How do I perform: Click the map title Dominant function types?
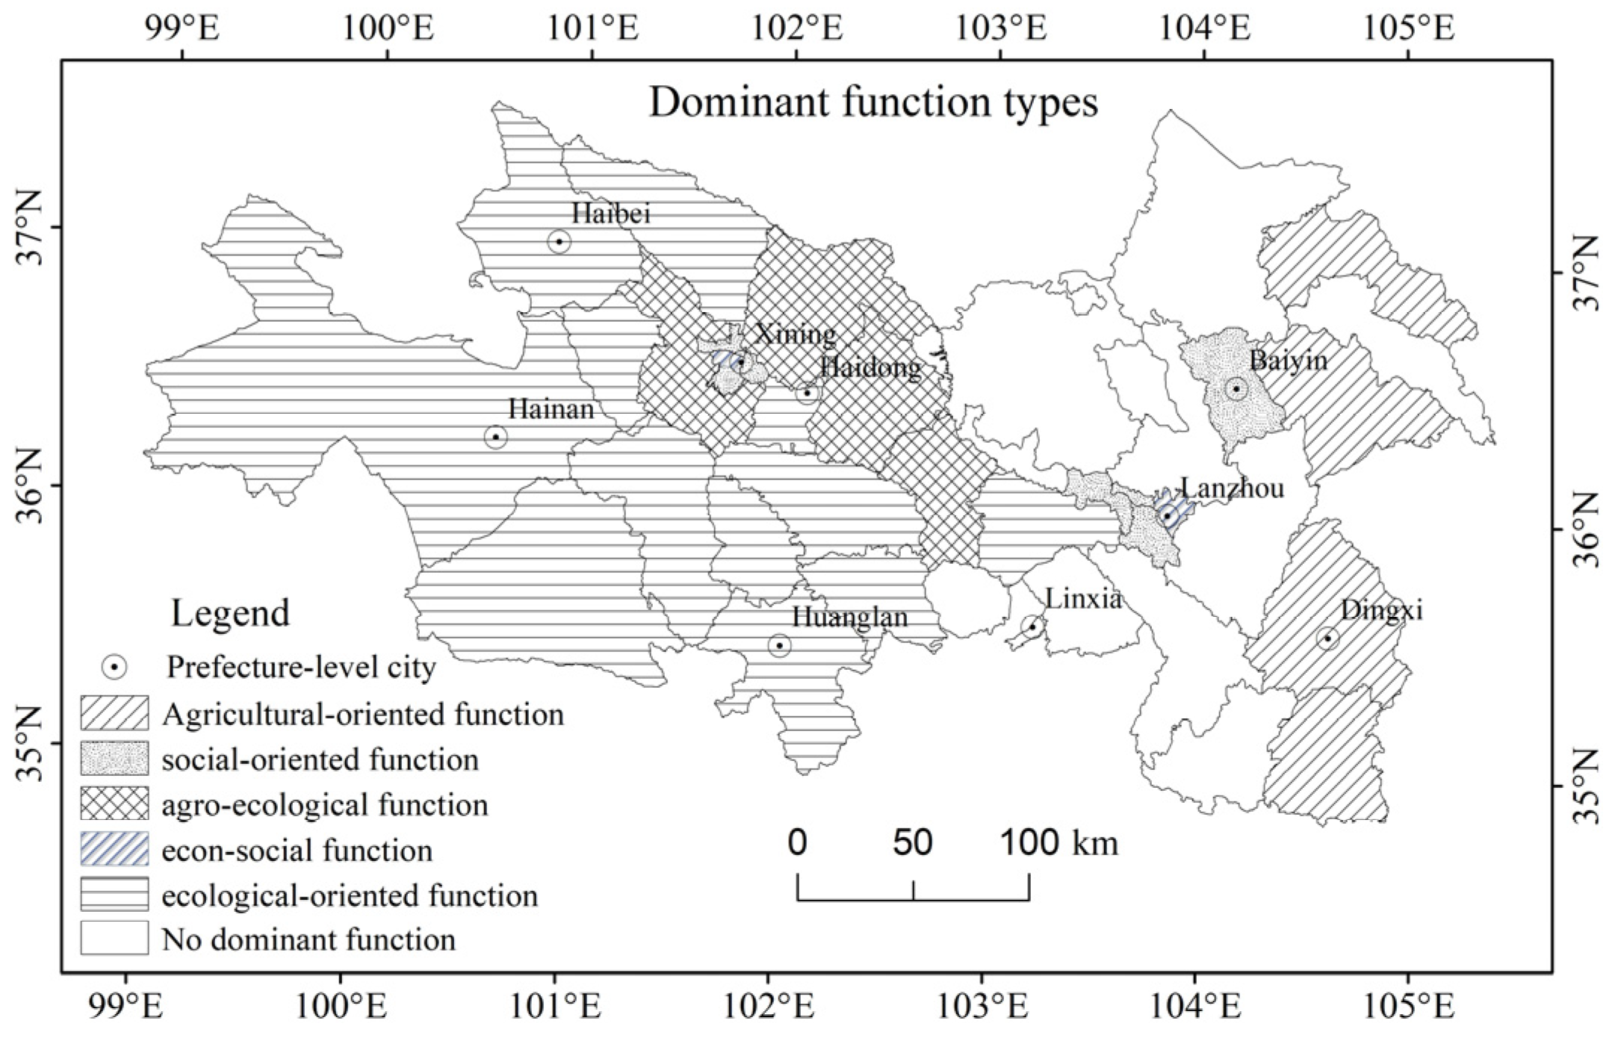point(873,102)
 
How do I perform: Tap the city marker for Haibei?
point(559,241)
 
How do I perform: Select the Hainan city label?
point(551,409)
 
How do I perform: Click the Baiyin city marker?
point(1236,388)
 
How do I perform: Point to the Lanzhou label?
point(1233,488)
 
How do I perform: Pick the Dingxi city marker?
point(1327,638)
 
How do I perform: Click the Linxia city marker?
point(1032,627)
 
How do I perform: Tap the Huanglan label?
point(849,617)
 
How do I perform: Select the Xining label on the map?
point(795,334)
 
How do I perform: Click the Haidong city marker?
point(807,393)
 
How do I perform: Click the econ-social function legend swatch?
point(114,849)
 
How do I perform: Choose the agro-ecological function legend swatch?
point(114,804)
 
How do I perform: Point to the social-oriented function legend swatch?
point(114,759)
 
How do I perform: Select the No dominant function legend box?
point(114,938)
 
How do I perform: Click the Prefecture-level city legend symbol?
point(114,667)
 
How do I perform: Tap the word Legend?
point(230,613)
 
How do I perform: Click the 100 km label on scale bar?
point(1059,842)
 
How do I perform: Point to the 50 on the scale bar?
point(913,842)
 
